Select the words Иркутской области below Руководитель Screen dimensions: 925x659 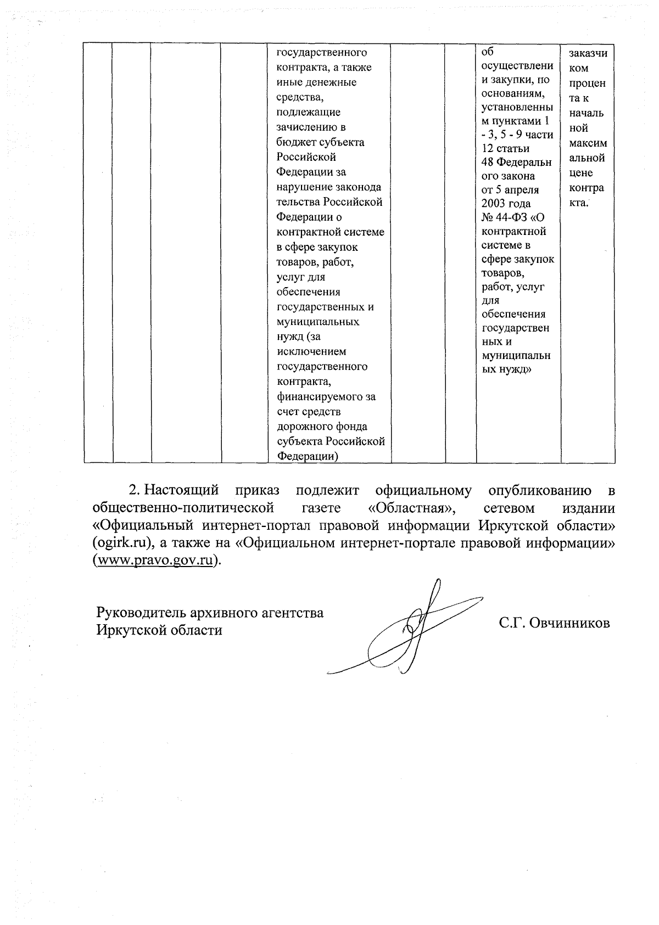pos(160,630)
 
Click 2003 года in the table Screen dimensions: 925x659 pos(506,204)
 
